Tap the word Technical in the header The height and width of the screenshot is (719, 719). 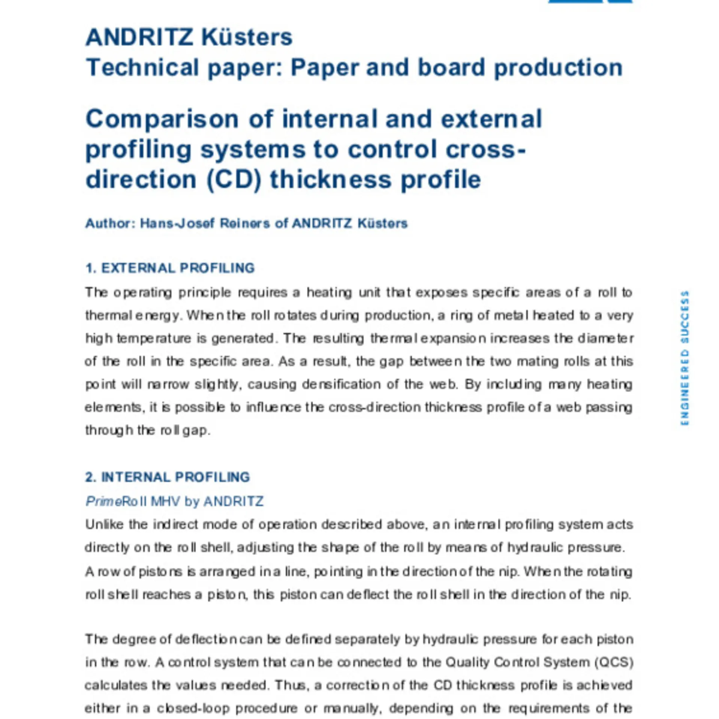(x=142, y=68)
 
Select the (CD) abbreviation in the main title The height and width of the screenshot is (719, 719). (x=233, y=180)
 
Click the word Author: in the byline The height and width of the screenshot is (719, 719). (x=110, y=224)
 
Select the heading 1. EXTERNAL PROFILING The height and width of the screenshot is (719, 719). (x=170, y=268)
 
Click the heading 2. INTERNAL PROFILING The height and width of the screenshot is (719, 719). (x=167, y=477)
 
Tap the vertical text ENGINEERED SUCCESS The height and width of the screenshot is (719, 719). (x=685, y=358)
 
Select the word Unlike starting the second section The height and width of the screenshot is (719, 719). (x=104, y=524)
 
